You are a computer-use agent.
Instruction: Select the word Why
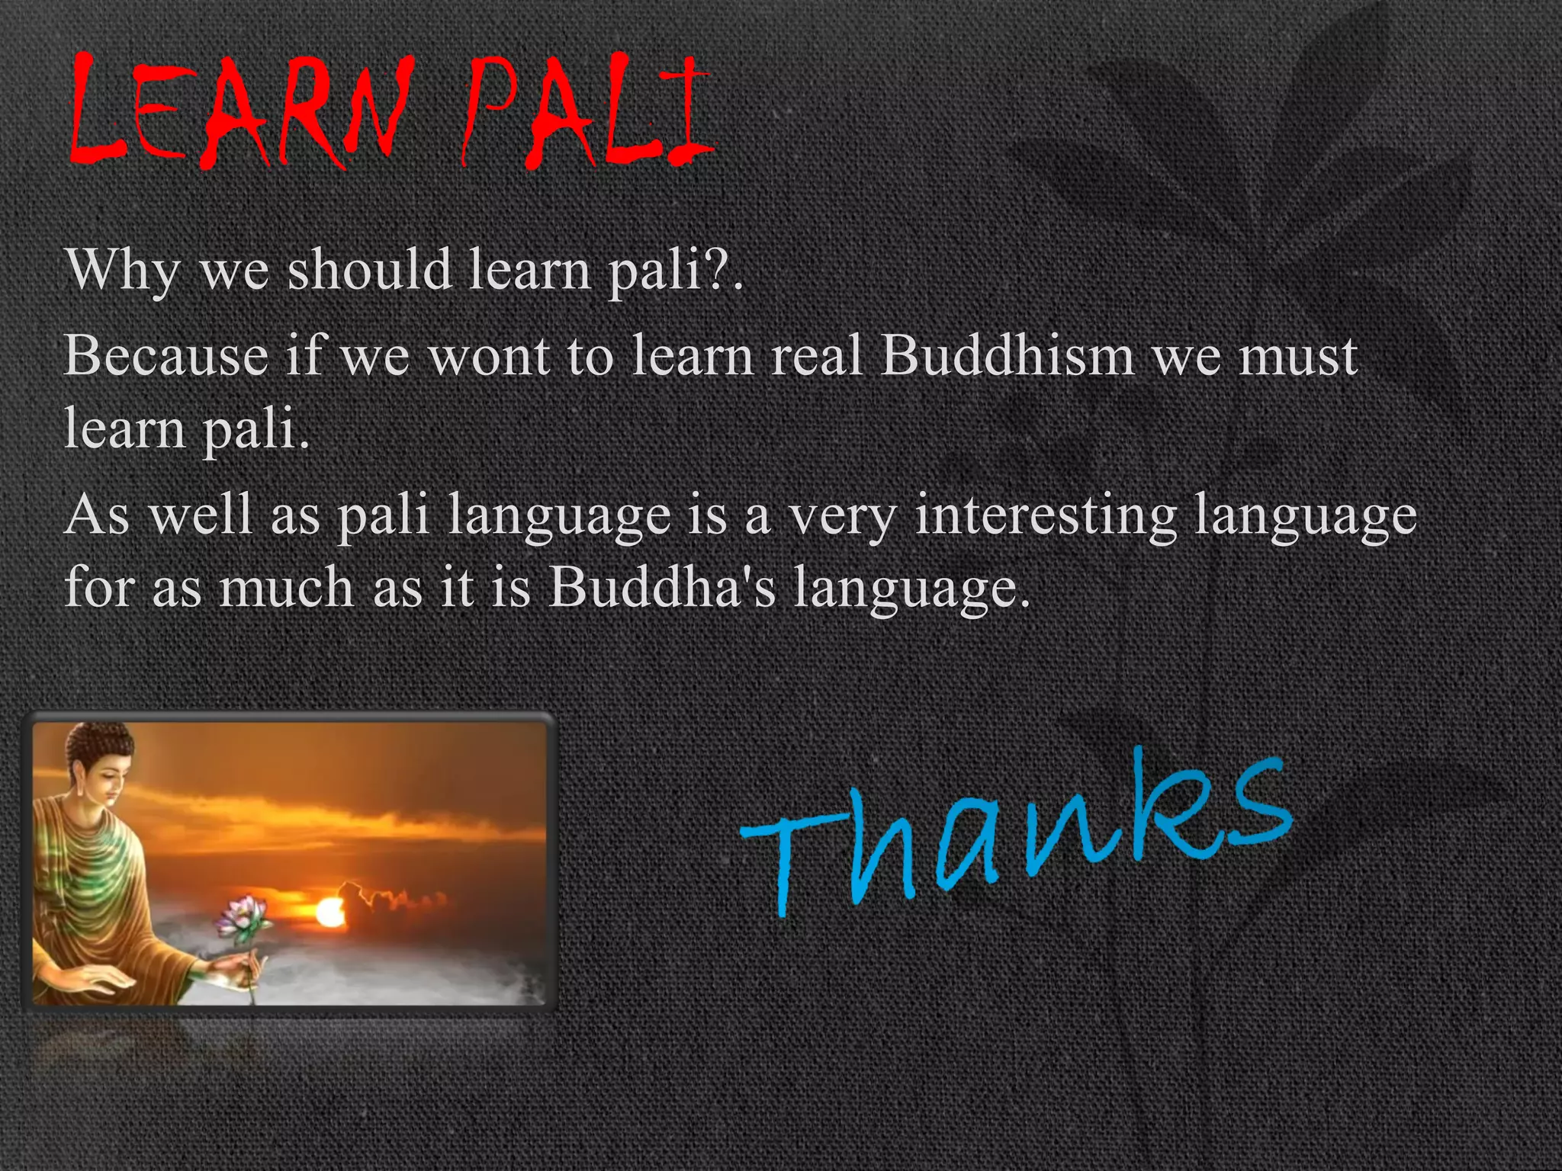[122, 271]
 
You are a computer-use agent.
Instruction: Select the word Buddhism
[1007, 356]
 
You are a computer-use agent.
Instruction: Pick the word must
[1297, 357]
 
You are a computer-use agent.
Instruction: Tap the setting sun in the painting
[329, 912]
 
